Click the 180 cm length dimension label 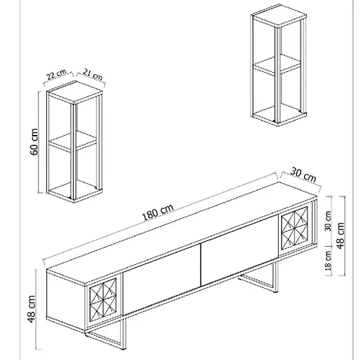pos(158,212)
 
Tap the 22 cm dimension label pos(56,74)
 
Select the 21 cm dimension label pos(92,74)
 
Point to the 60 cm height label pos(34,142)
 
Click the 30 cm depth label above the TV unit pos(303,175)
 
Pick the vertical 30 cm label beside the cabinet pos(328,221)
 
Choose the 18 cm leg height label pos(328,261)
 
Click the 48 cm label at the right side pos(340,236)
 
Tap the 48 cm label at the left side pos(31,309)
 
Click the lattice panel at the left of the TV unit pos(103,298)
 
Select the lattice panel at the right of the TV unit pos(294,227)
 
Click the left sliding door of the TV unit pos(161,279)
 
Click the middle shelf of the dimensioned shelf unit pos(72,142)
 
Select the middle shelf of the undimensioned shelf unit pos(277,65)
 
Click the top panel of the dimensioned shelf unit pos(75,92)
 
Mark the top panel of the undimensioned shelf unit pos(279,15)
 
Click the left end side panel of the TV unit pos(66,301)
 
